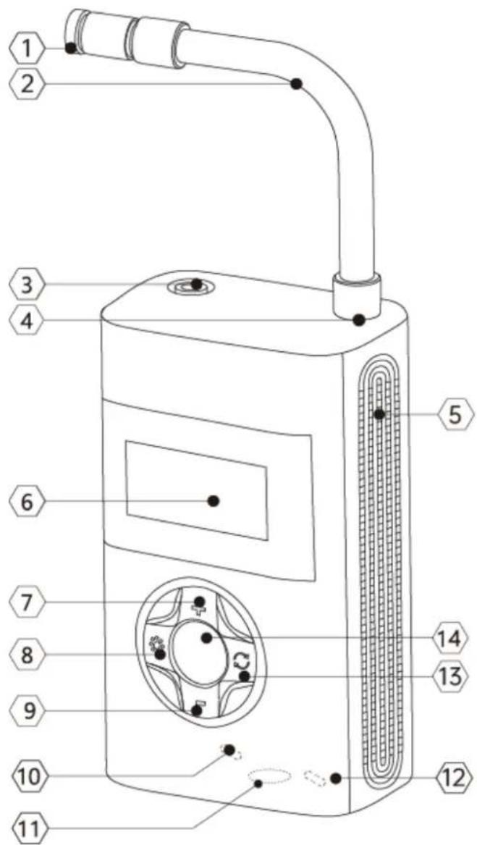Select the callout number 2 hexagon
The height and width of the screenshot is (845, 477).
(x=25, y=84)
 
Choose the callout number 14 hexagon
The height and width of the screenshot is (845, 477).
(x=449, y=639)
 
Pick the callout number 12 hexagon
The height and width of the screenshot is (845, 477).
(x=449, y=778)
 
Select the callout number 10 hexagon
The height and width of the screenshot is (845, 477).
(x=25, y=778)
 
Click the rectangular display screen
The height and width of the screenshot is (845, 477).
(x=197, y=490)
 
